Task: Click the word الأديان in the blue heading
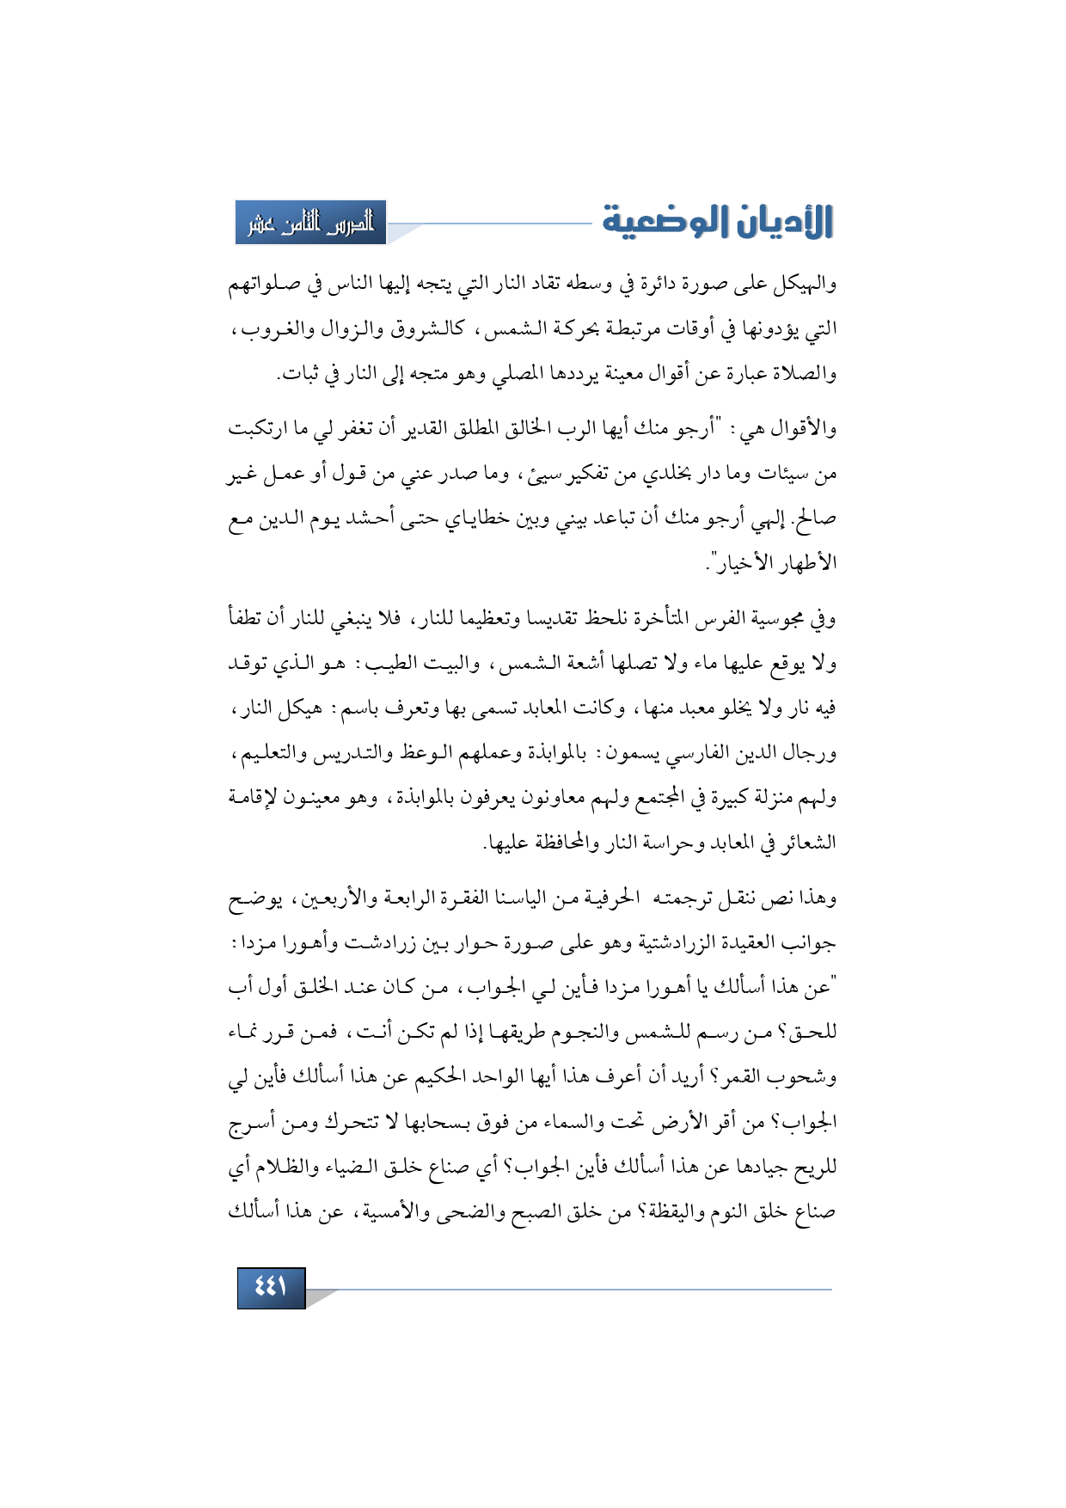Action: point(781,222)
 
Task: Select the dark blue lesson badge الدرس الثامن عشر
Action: point(310,224)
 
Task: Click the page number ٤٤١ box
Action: point(271,1287)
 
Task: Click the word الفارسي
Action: point(687,753)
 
